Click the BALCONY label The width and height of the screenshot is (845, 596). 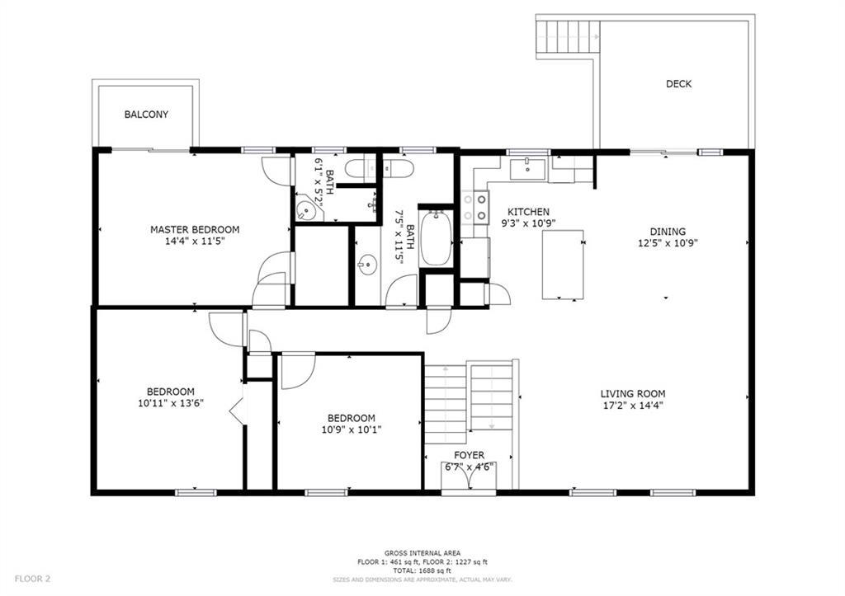(146, 114)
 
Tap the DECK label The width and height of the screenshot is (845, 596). (678, 83)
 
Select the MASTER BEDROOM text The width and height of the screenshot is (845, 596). (195, 229)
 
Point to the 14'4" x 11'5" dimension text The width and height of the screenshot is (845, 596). (195, 242)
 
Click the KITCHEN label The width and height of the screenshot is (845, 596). (528, 212)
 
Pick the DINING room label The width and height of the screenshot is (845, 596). (668, 232)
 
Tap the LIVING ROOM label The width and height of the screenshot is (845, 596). (633, 393)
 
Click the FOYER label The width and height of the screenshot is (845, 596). (469, 455)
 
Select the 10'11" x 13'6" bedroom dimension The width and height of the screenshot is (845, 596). (171, 403)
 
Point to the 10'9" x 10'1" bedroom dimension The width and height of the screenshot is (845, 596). (352, 429)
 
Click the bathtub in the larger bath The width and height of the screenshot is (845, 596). (436, 238)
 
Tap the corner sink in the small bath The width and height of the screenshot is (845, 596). (307, 210)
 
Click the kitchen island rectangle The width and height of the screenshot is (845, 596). (563, 265)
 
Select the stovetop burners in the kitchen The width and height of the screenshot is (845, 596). (474, 207)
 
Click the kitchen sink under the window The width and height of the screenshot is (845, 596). (527, 169)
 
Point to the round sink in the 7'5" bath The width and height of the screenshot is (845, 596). (367, 265)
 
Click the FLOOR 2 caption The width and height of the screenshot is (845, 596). (32, 580)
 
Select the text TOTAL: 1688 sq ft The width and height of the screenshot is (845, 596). (422, 570)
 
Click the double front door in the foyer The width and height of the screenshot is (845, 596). (469, 475)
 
